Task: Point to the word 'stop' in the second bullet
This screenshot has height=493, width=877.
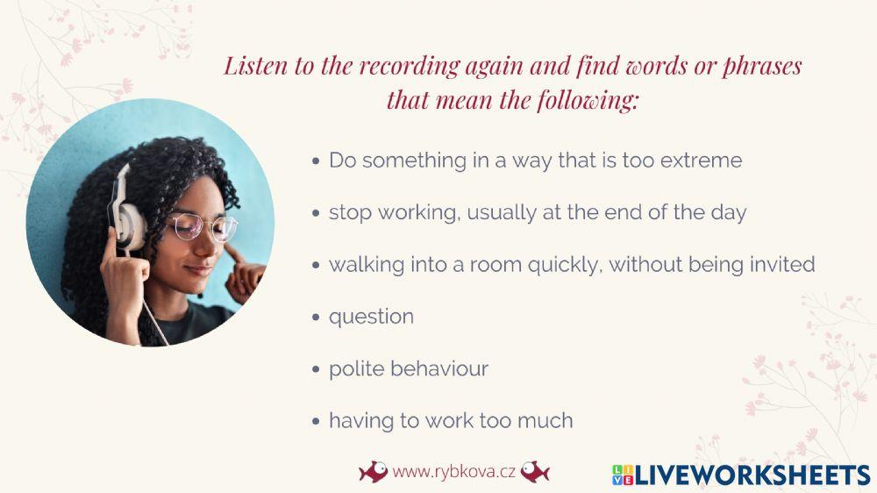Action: click(x=348, y=212)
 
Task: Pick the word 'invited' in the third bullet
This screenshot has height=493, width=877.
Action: click(x=781, y=264)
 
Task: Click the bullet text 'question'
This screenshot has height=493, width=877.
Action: click(x=371, y=317)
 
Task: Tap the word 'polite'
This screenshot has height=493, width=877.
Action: click(x=354, y=368)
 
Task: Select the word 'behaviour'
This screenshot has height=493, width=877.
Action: click(x=438, y=368)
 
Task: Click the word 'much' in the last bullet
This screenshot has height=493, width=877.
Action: click(x=547, y=420)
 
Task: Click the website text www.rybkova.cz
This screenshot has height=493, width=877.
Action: click(x=453, y=472)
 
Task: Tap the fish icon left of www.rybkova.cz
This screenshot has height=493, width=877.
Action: click(x=373, y=472)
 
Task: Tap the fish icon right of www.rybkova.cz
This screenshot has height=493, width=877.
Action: click(x=535, y=472)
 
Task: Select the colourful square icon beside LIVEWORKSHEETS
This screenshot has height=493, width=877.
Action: click(x=622, y=475)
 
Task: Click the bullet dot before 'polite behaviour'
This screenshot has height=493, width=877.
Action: click(x=317, y=369)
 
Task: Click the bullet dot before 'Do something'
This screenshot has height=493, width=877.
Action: click(x=317, y=161)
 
